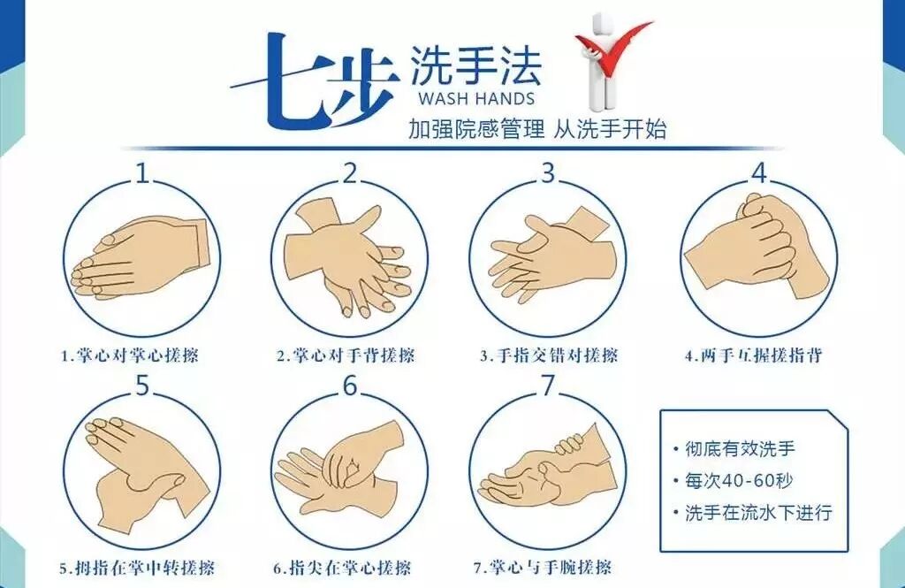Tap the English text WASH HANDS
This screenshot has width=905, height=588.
[476, 98]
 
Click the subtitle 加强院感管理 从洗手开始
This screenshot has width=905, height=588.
[536, 129]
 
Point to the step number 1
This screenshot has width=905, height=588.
[142, 172]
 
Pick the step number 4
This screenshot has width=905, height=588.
[759, 172]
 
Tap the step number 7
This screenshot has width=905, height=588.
[547, 386]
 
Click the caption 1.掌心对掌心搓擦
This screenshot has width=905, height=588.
[130, 355]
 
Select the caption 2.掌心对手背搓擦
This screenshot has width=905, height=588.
[346, 355]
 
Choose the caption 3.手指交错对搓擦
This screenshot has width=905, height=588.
[549, 355]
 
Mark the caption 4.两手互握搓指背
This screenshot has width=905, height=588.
[753, 355]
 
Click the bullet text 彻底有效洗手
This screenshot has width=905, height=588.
[740, 448]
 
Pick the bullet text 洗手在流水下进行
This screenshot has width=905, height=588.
[758, 512]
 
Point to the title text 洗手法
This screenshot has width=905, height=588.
[475, 66]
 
